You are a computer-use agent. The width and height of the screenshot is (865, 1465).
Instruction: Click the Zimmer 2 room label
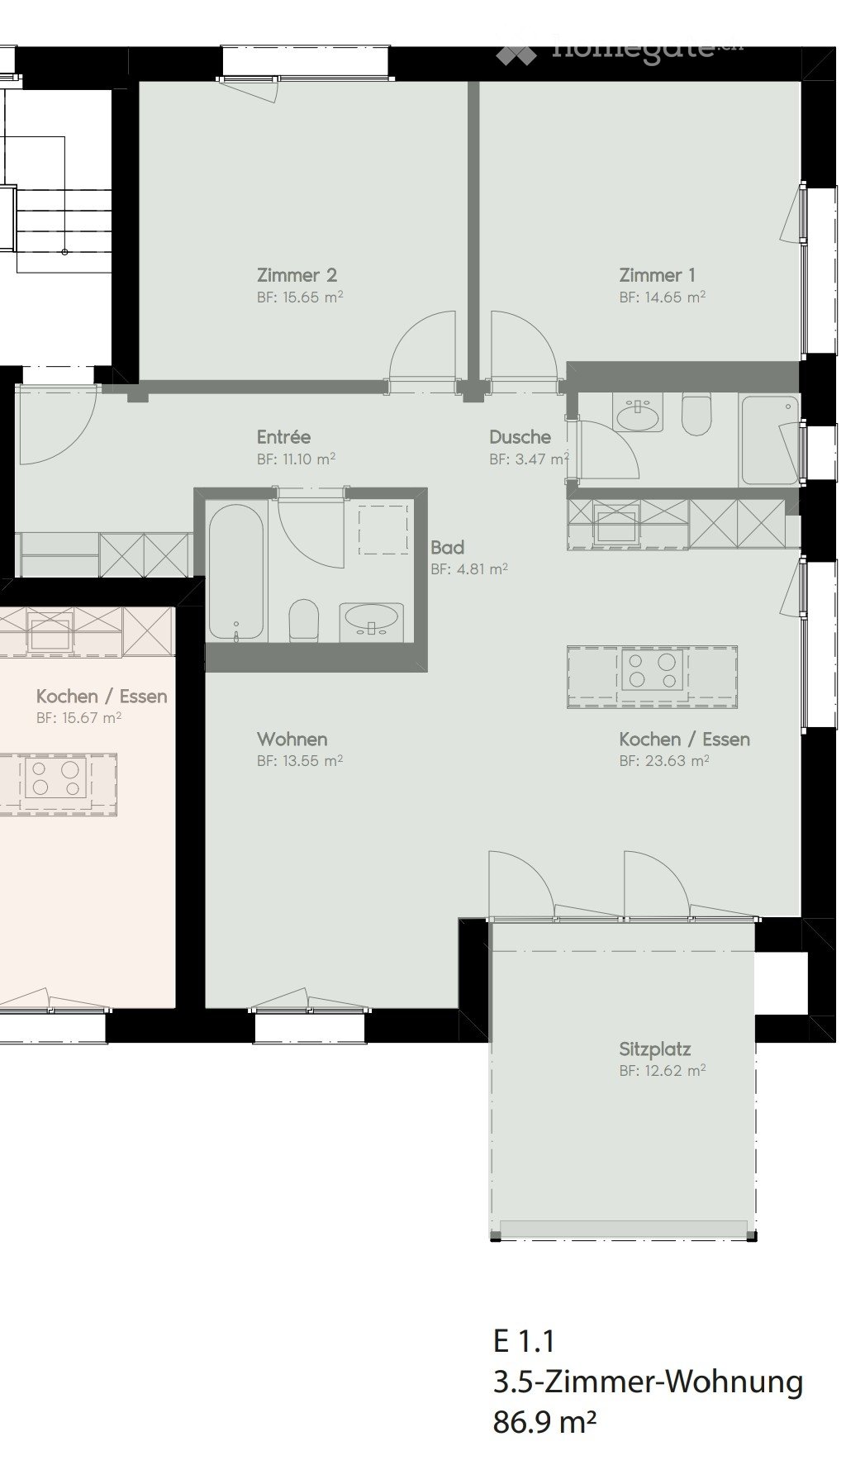[x=296, y=275]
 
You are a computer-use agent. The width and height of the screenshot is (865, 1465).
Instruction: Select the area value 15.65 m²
[x=300, y=297]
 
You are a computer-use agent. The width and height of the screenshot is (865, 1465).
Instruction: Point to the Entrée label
[x=283, y=437]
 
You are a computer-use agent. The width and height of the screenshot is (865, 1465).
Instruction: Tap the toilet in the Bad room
[x=303, y=621]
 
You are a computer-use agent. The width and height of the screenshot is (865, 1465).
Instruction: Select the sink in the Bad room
[x=371, y=618]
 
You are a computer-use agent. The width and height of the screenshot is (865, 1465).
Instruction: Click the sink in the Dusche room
[x=637, y=414]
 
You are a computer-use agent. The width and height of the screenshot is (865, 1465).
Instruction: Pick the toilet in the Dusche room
[x=696, y=414]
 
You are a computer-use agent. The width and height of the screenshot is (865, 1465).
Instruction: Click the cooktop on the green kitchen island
[x=653, y=670]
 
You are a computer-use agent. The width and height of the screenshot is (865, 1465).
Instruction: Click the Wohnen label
[x=292, y=739]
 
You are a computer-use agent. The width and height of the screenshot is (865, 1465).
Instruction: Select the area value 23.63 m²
[x=664, y=761]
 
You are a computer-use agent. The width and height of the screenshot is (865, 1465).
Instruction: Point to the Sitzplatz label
[x=654, y=1049]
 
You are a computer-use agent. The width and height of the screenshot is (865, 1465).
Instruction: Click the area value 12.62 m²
[x=663, y=1071]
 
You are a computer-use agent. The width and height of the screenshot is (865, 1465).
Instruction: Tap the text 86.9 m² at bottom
[x=544, y=1423]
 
